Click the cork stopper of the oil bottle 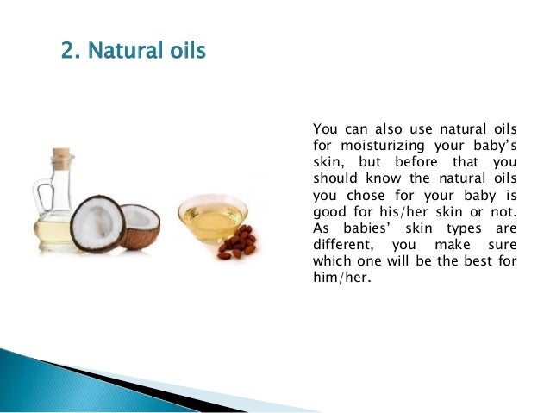[60, 158]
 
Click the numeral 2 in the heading [68, 51]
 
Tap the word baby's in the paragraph [494, 146]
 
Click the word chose [368, 195]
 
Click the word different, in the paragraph [343, 244]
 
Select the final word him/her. [339, 277]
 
